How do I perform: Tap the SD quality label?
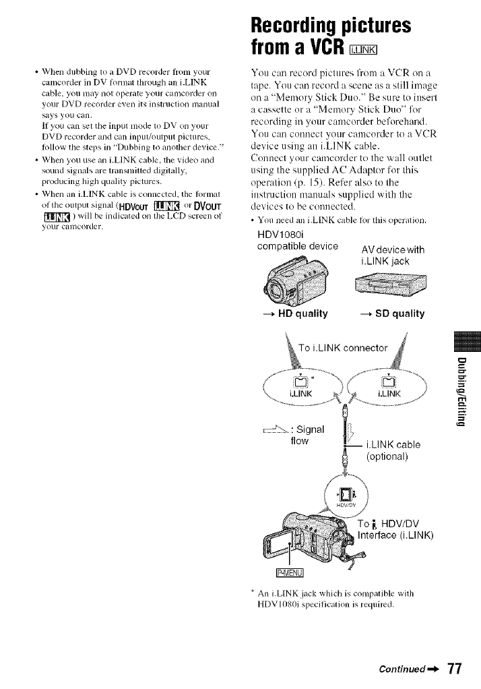tap(390, 313)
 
